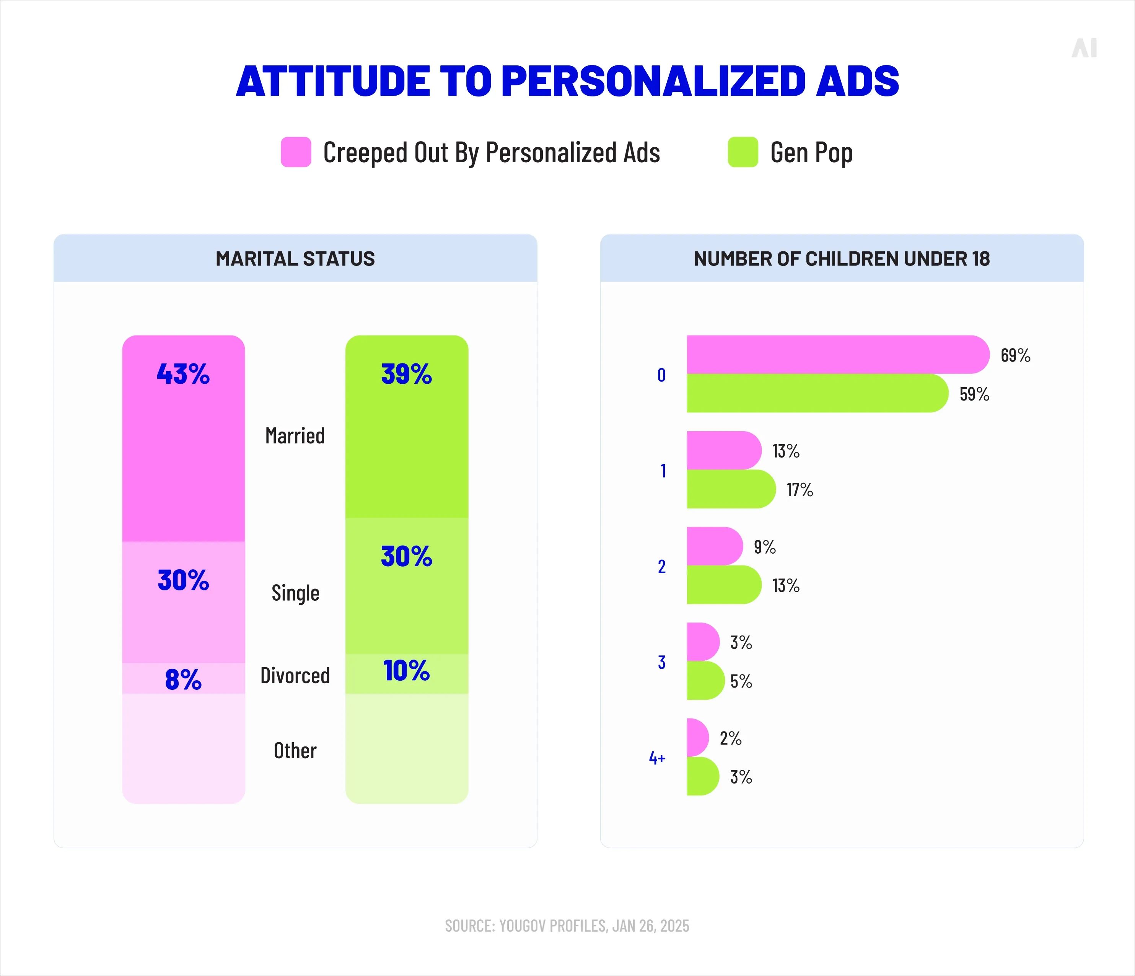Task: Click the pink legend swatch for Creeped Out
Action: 296,152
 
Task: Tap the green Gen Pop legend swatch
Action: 743,152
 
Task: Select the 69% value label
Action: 1015,355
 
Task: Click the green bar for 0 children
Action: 816,393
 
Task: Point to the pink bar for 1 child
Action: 723,450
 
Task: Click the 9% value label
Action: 764,547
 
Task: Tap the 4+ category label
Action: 657,758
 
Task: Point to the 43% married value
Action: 183,374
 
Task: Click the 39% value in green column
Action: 407,374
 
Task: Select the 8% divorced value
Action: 183,679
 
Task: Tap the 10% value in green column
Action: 407,671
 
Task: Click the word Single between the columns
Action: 295,593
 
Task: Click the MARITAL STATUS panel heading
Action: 295,259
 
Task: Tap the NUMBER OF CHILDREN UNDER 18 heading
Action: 841,259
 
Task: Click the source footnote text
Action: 567,925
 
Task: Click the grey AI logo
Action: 1084,48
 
